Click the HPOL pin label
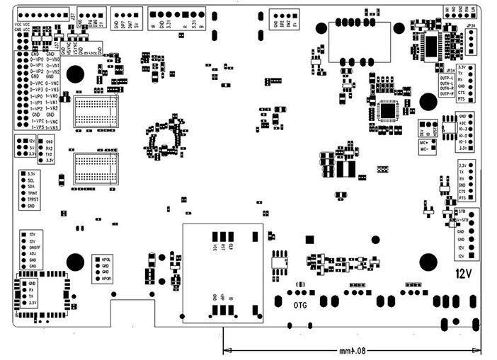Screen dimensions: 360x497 pyautogui.click(x=108, y=260)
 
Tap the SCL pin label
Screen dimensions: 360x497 pyautogui.click(x=31, y=180)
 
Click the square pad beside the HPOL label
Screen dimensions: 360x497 pyautogui.click(x=97, y=260)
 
